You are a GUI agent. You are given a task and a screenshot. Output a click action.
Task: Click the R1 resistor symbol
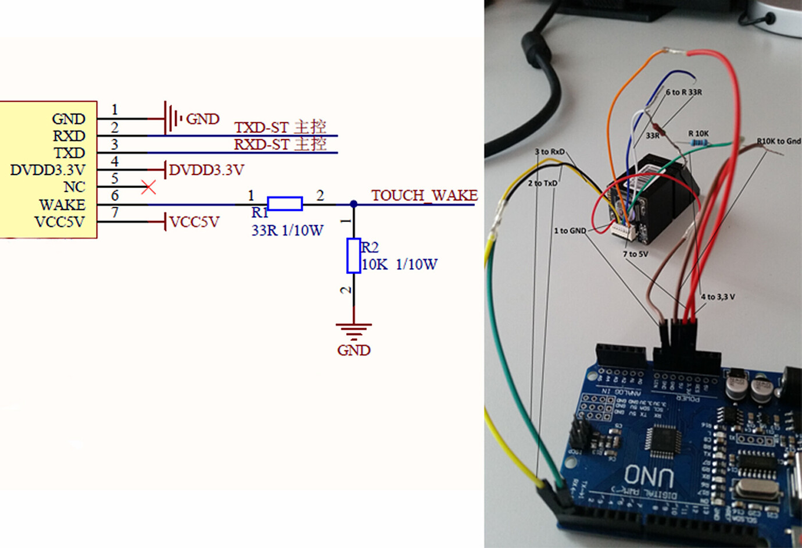[285, 204]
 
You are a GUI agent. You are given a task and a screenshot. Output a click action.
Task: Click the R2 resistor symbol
[353, 255]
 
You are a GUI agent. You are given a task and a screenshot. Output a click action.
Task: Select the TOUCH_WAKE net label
[424, 195]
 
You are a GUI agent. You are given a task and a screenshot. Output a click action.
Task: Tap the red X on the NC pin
[149, 187]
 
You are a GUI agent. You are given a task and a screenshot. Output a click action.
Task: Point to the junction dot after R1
[353, 204]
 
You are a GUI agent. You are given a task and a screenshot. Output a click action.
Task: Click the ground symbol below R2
[353, 330]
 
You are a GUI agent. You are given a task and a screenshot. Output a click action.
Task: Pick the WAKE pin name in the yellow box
[62, 205]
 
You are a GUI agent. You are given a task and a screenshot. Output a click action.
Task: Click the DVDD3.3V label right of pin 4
[206, 170]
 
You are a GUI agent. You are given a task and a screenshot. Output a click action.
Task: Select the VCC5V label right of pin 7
[194, 222]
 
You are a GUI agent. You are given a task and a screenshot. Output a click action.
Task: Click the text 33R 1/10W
[287, 230]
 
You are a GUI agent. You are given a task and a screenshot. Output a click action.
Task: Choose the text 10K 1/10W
[399, 265]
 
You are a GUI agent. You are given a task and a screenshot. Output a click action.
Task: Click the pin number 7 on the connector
[115, 213]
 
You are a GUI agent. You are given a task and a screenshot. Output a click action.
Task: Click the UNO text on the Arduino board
[649, 476]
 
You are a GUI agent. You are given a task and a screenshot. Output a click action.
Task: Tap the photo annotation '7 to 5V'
[635, 254]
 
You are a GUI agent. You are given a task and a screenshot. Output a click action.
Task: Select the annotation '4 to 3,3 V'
[718, 297]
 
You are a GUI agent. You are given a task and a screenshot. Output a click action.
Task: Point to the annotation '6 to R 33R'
[683, 92]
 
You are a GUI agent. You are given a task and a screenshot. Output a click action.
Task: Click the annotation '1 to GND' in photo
[570, 231]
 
